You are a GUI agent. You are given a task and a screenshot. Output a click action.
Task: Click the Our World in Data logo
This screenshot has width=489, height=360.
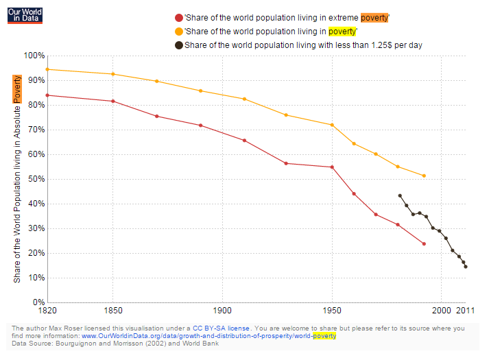(x=25, y=15)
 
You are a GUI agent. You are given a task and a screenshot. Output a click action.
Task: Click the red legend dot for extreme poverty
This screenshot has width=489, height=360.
(x=180, y=18)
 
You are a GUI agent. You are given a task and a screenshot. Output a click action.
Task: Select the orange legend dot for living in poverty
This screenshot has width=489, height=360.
(x=180, y=32)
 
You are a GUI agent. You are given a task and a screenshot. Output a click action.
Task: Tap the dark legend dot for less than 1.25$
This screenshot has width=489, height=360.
(x=179, y=45)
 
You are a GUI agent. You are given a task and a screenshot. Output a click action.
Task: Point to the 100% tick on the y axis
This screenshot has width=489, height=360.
(x=34, y=56)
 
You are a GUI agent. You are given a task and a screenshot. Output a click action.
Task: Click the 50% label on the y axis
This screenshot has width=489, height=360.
(x=35, y=179)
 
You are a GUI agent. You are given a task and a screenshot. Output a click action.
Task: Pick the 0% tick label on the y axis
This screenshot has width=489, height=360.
(x=37, y=302)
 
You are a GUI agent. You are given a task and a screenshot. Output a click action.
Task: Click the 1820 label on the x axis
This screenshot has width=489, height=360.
(x=47, y=311)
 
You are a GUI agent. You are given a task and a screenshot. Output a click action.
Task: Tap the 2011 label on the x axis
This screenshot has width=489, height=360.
(x=466, y=311)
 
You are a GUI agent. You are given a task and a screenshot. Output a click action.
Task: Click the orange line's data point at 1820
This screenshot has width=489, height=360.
(x=47, y=69)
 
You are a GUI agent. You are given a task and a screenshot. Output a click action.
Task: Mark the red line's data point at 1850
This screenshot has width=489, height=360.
(x=113, y=101)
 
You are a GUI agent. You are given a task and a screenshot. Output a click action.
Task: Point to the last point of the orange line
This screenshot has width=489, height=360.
(x=424, y=176)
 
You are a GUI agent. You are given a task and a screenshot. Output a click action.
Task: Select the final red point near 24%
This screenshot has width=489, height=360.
(x=424, y=244)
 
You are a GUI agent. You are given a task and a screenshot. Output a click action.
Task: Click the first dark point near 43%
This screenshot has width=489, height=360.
(x=400, y=195)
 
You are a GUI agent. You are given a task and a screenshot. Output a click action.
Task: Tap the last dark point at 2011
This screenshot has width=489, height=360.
(x=466, y=267)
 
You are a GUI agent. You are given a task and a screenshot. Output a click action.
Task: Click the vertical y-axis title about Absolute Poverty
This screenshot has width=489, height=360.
(x=17, y=178)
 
